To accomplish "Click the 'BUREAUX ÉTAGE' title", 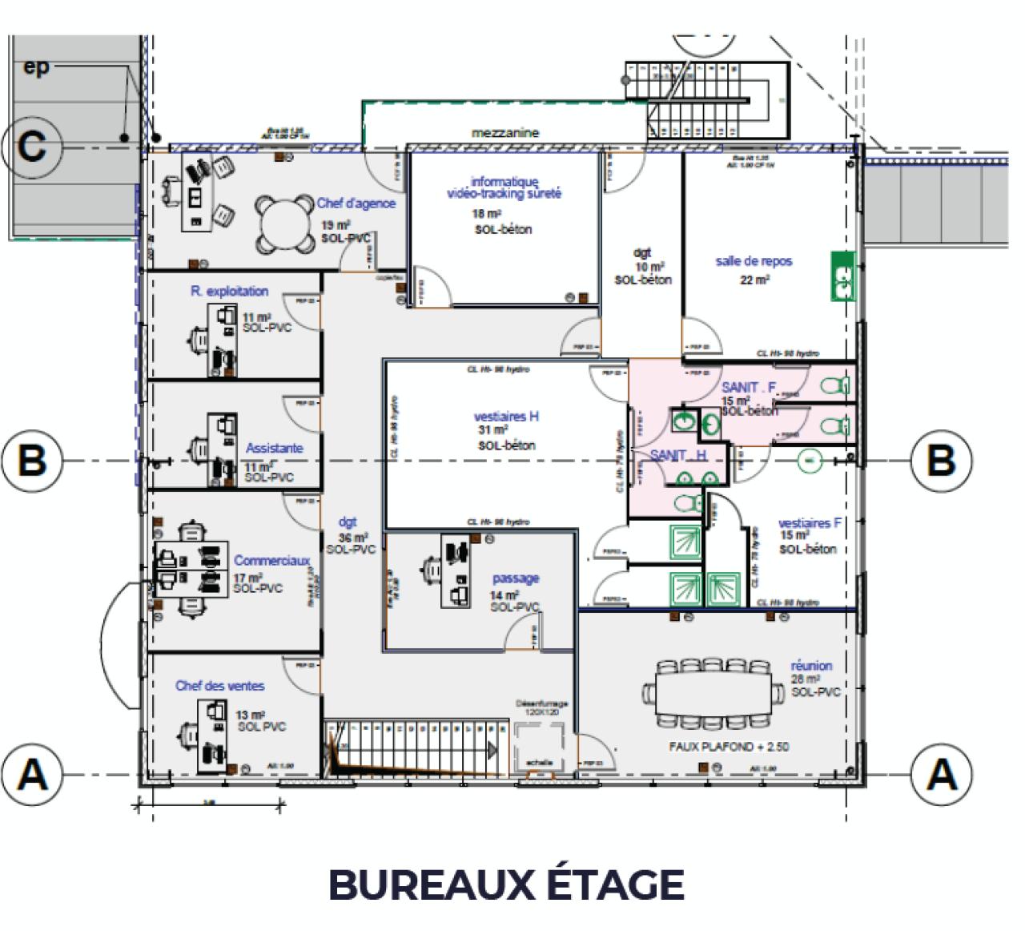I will [506, 885].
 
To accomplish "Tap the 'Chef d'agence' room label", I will [356, 204].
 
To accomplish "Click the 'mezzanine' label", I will [505, 133].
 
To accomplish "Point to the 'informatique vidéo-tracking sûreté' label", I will [504, 187].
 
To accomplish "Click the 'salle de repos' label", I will [754, 261].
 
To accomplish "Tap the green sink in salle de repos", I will [842, 276].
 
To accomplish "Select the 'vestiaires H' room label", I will [506, 417].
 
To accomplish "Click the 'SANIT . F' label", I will [749, 388].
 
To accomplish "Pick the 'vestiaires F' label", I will [810, 523].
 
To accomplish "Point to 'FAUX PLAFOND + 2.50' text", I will [729, 747].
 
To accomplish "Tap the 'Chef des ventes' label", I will [219, 686].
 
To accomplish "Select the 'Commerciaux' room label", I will [271, 561].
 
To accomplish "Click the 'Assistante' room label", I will [274, 449].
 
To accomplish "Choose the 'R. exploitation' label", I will [229, 292].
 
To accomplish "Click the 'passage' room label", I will [515, 578].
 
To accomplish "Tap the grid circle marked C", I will [32, 147].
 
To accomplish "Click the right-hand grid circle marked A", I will [941, 774].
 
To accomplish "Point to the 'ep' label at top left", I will [36, 68].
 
